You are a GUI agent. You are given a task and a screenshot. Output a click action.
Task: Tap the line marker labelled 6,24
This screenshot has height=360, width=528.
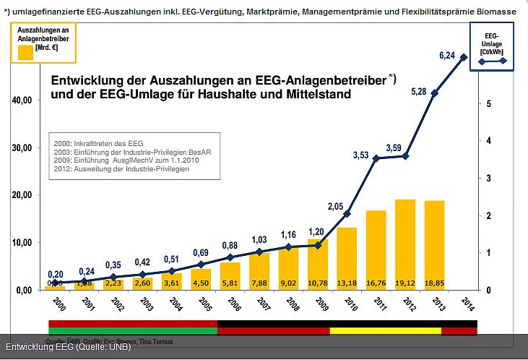(x=464, y=57)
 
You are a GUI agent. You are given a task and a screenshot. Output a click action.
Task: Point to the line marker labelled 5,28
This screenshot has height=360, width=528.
(x=435, y=93)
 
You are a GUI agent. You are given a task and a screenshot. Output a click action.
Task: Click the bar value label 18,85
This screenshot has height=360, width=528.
(x=434, y=283)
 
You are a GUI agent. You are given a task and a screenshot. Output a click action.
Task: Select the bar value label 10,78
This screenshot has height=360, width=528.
(x=318, y=283)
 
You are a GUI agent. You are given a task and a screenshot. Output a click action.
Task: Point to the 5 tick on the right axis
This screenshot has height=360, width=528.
(x=489, y=103)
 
